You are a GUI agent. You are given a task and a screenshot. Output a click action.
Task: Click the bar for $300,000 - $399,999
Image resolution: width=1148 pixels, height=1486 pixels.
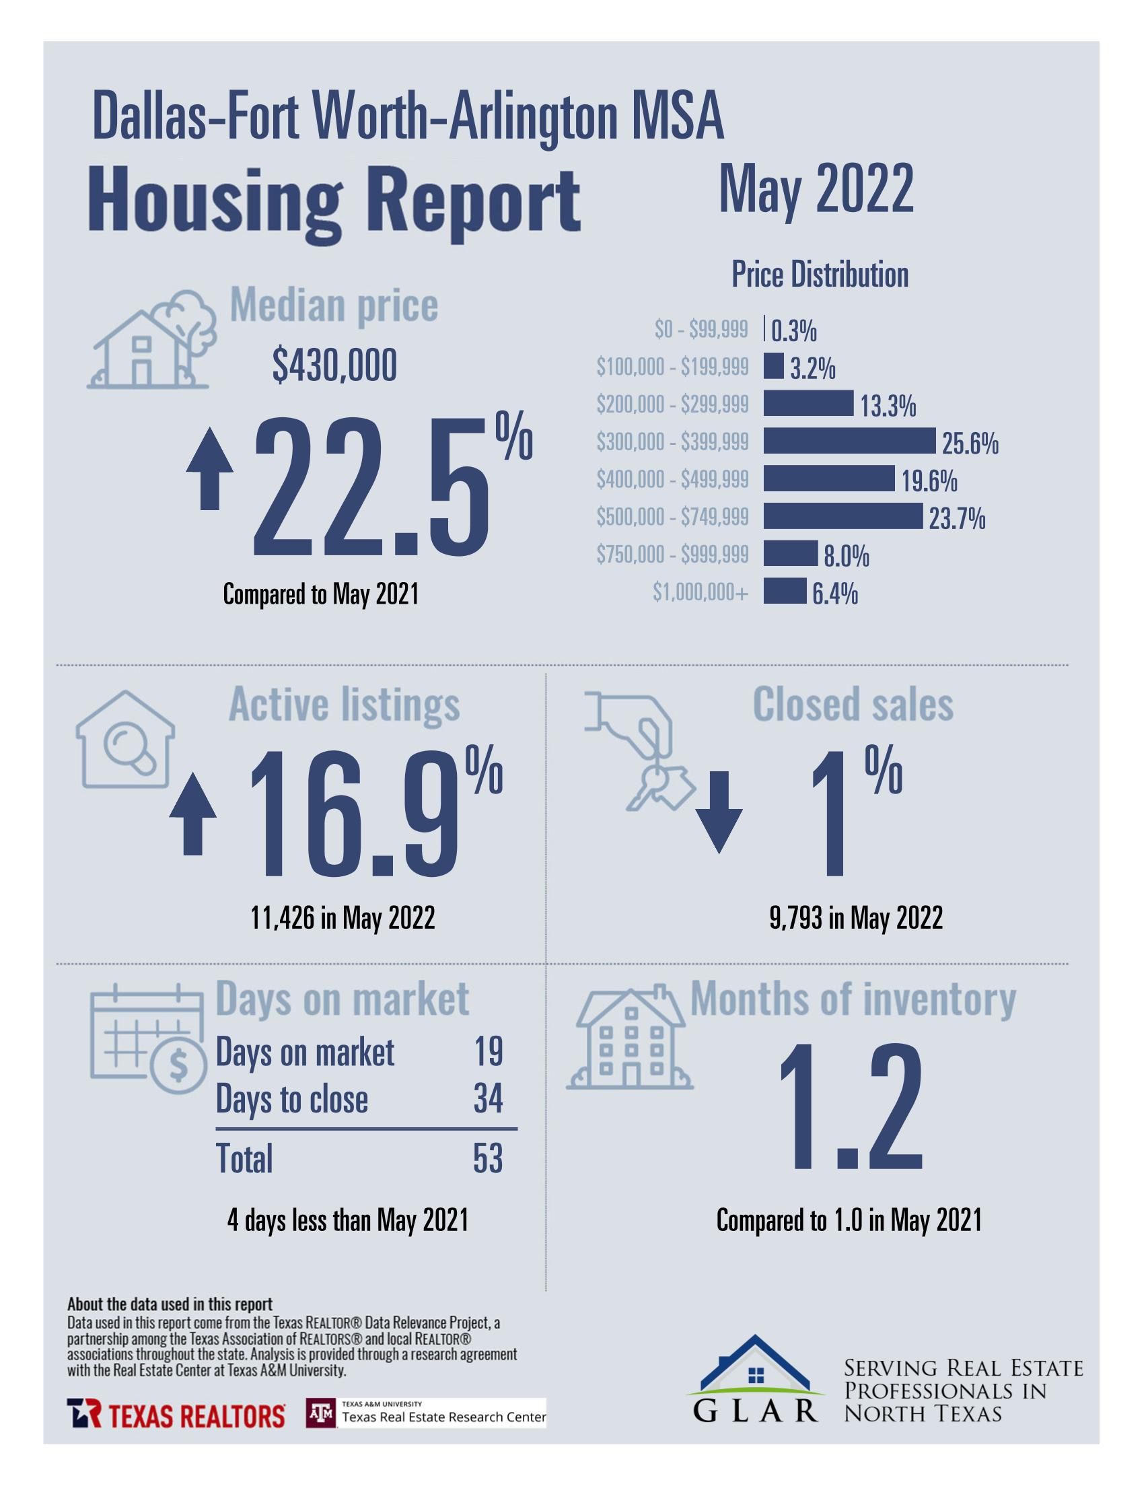click(x=849, y=441)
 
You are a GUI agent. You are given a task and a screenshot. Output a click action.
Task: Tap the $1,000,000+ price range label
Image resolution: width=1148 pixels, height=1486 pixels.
click(x=701, y=593)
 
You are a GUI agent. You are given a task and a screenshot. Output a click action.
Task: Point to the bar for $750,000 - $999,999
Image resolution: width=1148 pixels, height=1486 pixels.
click(x=789, y=553)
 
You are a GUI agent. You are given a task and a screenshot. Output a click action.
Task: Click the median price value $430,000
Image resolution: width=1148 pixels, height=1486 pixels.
click(x=334, y=367)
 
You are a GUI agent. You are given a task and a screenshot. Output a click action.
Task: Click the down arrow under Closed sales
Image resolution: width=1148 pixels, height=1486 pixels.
click(x=719, y=812)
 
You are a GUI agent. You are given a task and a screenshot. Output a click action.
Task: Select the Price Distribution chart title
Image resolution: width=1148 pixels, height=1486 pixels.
click(x=820, y=275)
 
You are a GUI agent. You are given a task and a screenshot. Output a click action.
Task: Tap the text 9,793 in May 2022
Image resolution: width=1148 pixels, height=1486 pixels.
click(x=855, y=918)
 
